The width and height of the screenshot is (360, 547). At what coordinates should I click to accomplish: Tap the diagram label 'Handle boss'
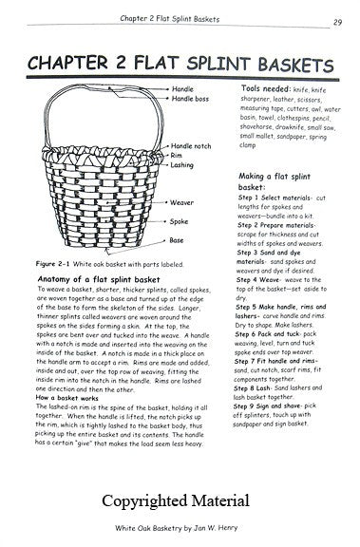(x=191, y=100)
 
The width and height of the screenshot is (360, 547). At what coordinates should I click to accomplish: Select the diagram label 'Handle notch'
(x=192, y=145)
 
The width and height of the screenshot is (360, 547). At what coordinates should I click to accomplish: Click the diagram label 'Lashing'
(x=183, y=164)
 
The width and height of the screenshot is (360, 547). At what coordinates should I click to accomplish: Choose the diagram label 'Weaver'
(x=183, y=202)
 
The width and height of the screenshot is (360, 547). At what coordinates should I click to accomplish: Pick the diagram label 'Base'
(x=180, y=241)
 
